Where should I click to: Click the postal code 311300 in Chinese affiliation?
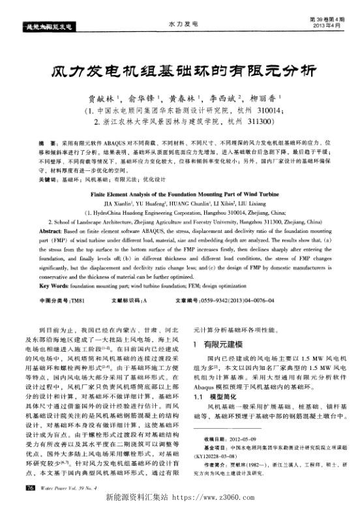point(260,122)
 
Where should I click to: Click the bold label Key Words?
point(52,285)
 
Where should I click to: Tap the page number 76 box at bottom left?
point(29,487)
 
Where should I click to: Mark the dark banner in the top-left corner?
point(46,27)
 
